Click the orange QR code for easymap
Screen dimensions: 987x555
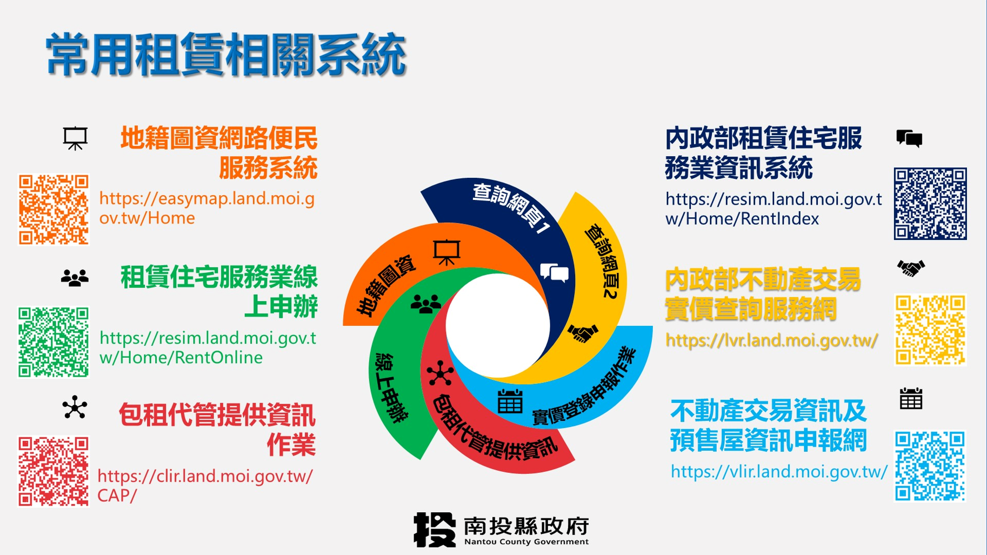tap(54, 209)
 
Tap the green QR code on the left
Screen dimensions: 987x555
tap(54, 342)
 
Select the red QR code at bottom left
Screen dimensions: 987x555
tap(54, 471)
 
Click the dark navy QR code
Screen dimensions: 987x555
tap(930, 204)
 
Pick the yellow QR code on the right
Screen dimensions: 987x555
tap(930, 330)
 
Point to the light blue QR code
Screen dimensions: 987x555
tap(930, 466)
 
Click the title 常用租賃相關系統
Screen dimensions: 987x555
tap(226, 54)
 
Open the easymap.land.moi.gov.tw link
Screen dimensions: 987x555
tap(207, 208)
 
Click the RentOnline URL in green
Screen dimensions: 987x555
tap(208, 347)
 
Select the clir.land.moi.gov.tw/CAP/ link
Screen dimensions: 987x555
tap(205, 486)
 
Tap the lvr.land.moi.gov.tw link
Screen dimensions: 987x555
tap(771, 340)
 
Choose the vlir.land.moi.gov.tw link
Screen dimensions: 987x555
tap(779, 472)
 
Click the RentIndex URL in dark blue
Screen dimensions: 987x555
tap(773, 209)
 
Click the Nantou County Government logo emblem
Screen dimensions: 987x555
tap(435, 530)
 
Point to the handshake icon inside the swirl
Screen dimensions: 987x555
tap(582, 333)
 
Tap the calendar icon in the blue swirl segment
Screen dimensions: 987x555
tap(510, 401)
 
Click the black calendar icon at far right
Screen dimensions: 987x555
tap(911, 399)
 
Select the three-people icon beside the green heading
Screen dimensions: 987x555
tap(75, 278)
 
